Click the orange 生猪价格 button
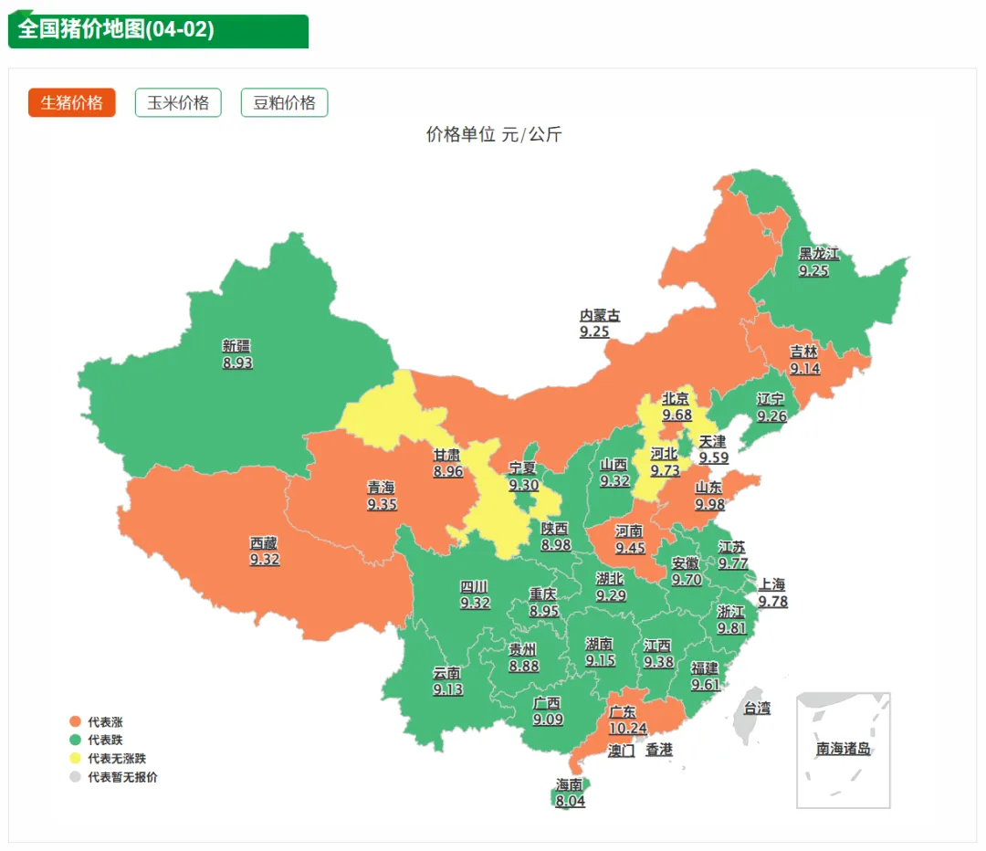(x=72, y=102)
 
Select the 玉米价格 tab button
(x=178, y=102)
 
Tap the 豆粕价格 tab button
(x=284, y=102)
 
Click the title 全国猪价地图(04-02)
(x=116, y=29)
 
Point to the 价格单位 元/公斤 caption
(x=493, y=135)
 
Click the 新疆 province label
(x=236, y=346)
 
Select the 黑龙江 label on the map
(x=818, y=254)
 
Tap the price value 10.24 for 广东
(x=627, y=728)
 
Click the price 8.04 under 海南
(x=570, y=801)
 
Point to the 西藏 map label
(x=264, y=542)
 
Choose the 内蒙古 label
(x=600, y=315)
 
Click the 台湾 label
(x=756, y=708)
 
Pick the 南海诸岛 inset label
(x=843, y=749)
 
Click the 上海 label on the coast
(x=771, y=584)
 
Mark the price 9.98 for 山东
(x=709, y=504)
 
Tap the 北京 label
(x=676, y=398)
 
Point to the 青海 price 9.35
(x=382, y=503)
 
